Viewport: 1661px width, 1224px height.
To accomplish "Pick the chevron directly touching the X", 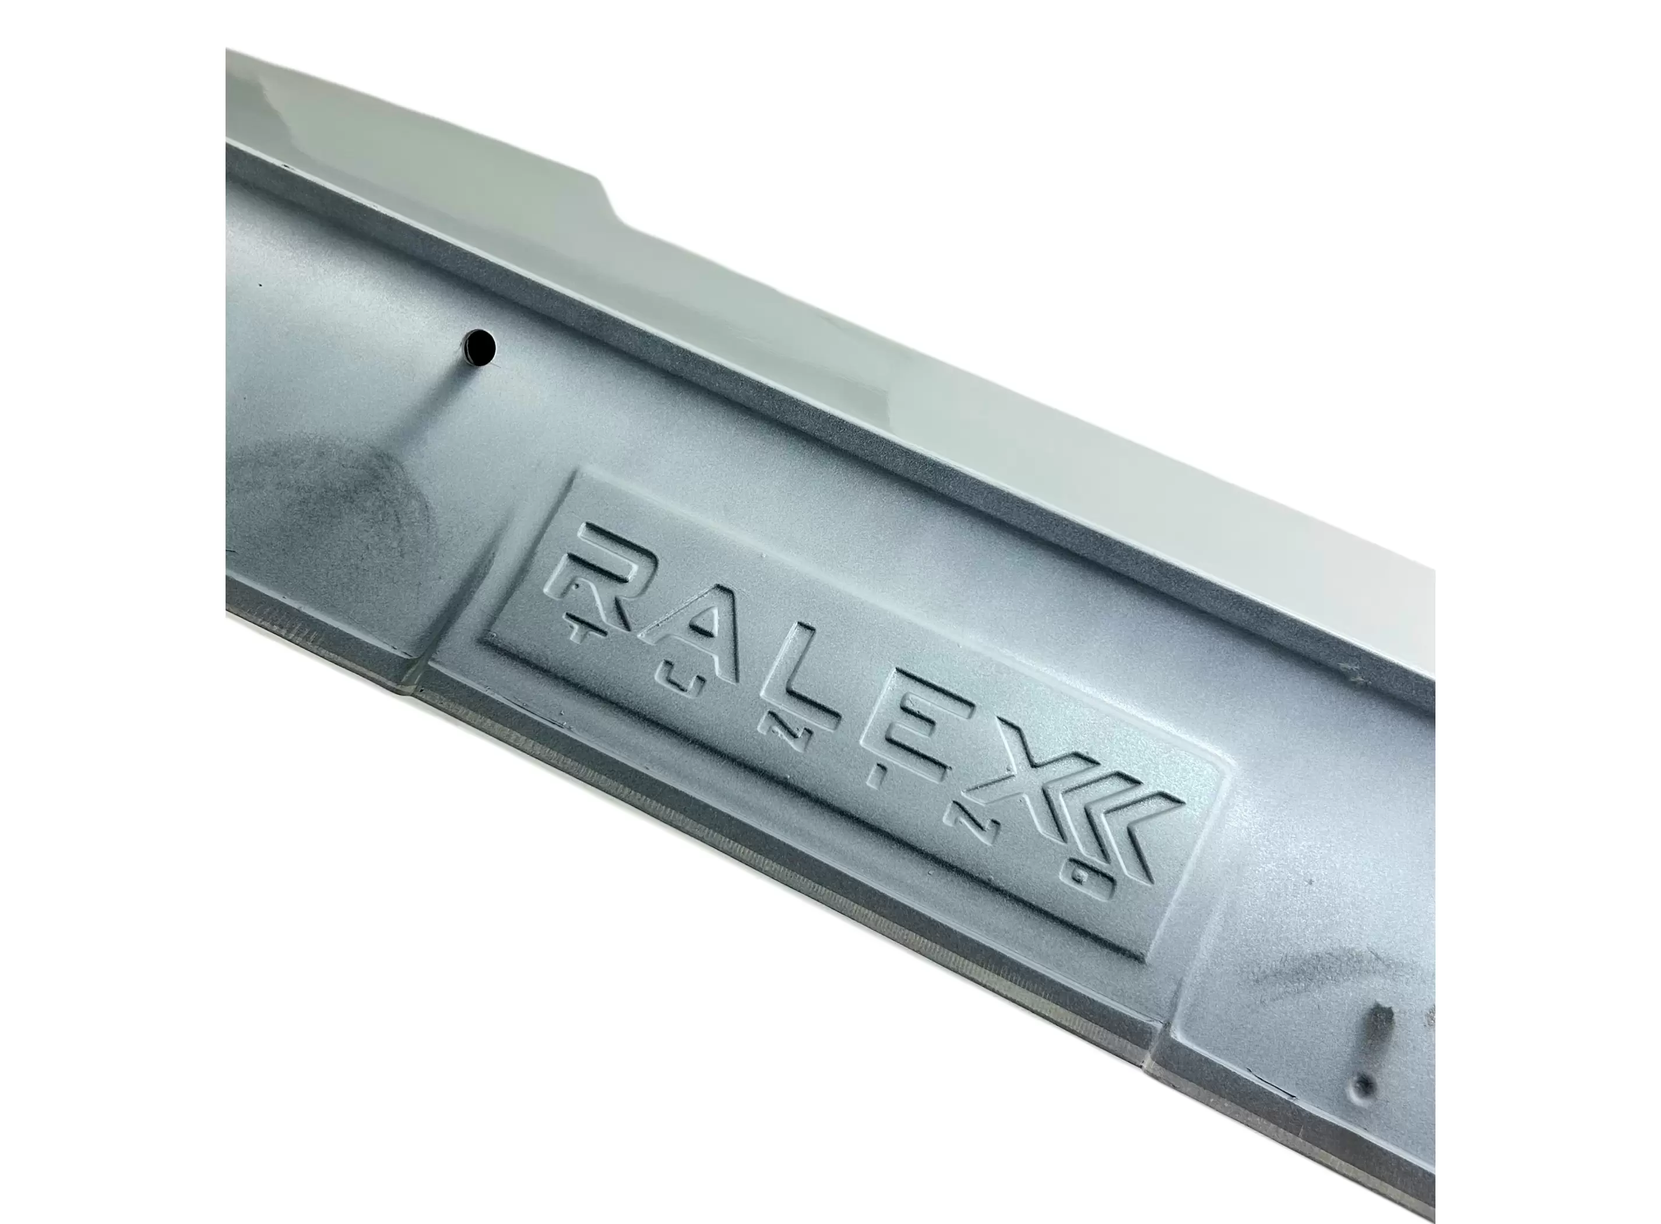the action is click(1104, 830).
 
